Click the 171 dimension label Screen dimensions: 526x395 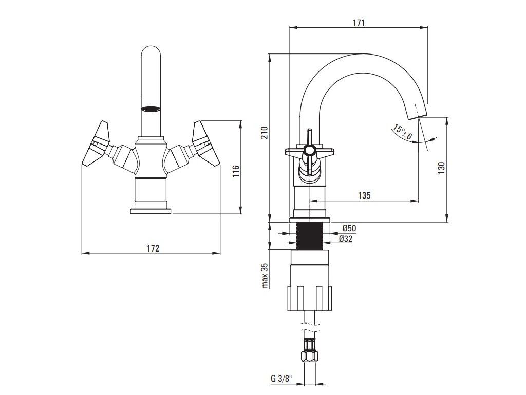coord(359,23)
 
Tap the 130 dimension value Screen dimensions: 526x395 coord(441,168)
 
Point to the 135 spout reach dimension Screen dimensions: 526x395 coord(364,195)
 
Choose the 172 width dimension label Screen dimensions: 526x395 coord(153,248)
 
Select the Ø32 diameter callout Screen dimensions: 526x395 coord(345,239)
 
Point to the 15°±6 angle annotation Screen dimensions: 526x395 coord(402,132)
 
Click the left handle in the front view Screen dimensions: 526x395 coord(98,145)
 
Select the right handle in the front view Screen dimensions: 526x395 coord(205,145)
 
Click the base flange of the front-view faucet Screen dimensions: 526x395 coord(151,210)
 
